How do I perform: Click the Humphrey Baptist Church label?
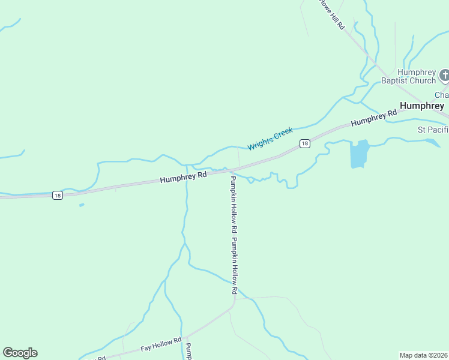coord(408,76)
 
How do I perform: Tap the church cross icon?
coord(444,76)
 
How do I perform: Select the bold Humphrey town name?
coord(421,106)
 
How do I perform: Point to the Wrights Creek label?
coord(270,139)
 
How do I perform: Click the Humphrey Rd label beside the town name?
coord(374,117)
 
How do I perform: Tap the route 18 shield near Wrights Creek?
coord(305,143)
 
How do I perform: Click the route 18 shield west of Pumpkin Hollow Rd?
coord(57,195)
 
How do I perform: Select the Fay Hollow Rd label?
coord(161,344)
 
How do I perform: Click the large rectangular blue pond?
coord(358,154)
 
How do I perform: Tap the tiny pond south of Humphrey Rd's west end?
coord(81,205)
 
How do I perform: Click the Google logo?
coord(20,353)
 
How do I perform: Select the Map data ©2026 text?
coord(424,355)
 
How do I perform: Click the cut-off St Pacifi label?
coord(433,130)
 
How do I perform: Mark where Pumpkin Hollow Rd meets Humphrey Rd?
coord(228,170)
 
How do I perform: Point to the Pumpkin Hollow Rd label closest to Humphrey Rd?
coord(232,204)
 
